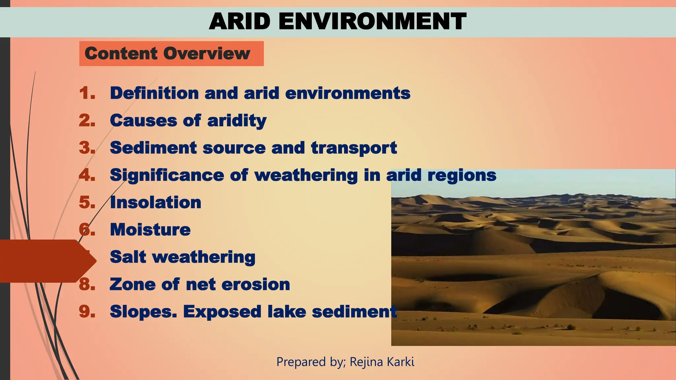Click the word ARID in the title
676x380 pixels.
240,21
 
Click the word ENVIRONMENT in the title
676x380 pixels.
372,21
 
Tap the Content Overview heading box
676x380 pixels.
171,53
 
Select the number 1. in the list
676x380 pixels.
87,93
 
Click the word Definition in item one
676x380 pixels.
154,93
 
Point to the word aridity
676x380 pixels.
237,121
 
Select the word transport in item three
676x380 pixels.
354,148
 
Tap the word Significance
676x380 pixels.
167,175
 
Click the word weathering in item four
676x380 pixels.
306,175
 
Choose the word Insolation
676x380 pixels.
155,202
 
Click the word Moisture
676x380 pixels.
150,230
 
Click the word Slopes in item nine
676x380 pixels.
143,312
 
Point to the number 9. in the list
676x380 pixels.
87,311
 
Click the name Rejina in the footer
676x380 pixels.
366,362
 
